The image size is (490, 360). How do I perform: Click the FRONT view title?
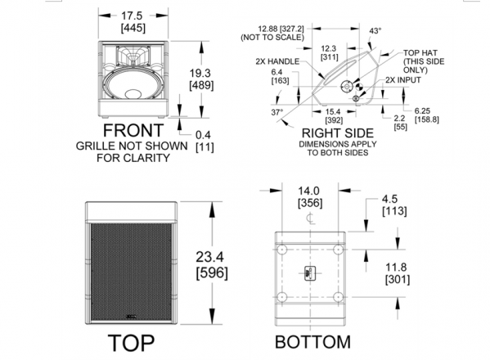click(x=133, y=130)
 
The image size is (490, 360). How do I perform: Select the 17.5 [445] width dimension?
click(x=133, y=21)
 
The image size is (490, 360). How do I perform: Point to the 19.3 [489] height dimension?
click(x=201, y=79)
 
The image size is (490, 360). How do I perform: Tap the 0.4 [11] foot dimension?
click(x=205, y=141)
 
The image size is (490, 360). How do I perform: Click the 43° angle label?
click(x=375, y=31)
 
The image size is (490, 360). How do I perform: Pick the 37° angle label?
click(x=276, y=112)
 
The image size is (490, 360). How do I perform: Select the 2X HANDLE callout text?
click(x=277, y=61)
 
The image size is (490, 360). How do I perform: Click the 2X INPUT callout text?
click(x=402, y=80)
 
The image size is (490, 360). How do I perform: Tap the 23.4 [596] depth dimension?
click(x=212, y=265)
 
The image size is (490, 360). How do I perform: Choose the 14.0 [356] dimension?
click(x=310, y=197)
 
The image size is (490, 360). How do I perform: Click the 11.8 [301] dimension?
click(x=397, y=273)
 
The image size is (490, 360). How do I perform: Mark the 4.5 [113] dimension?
click(x=394, y=205)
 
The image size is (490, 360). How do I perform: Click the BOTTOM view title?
click(x=312, y=341)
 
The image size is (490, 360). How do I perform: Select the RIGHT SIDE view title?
click(x=338, y=133)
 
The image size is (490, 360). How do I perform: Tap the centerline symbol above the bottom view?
click(x=310, y=218)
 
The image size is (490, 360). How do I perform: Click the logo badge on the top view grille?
click(x=131, y=317)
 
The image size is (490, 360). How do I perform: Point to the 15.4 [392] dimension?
click(x=334, y=115)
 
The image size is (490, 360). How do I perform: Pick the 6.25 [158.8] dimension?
click(x=426, y=115)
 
